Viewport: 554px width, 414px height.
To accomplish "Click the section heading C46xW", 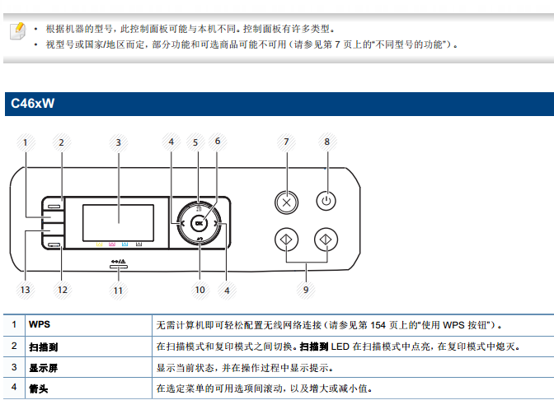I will click(32, 105).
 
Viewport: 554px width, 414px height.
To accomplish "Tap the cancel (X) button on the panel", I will click(286, 201).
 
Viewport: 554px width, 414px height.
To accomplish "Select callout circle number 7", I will click(286, 142).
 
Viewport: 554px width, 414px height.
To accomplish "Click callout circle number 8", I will click(326, 142).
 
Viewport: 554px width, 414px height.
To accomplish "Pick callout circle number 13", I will click(25, 289).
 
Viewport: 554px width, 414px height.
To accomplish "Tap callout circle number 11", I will click(118, 289).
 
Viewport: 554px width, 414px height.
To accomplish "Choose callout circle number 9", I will click(306, 289).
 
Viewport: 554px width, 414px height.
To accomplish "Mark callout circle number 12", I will click(61, 289).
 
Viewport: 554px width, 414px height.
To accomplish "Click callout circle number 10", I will click(200, 289).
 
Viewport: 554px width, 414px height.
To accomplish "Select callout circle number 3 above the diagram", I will click(118, 142).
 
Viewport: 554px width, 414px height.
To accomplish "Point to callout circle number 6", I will click(218, 141).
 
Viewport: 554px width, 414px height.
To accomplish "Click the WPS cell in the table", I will click(40, 325).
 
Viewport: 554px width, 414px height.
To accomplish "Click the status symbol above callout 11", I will click(118, 264).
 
